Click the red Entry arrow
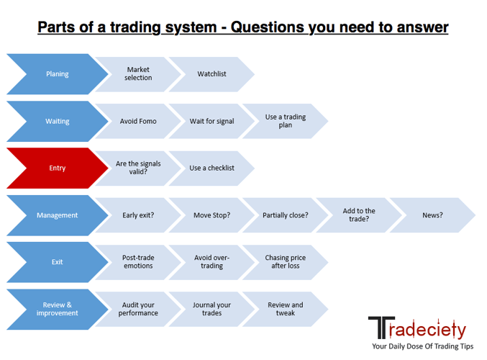(58, 168)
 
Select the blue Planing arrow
(58, 74)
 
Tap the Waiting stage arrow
(58, 121)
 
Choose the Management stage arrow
(58, 215)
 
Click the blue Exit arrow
(58, 262)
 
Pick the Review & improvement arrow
(58, 309)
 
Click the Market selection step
(138, 74)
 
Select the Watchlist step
(211, 74)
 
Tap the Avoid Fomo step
(138, 121)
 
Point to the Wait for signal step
(211, 121)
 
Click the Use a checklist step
(211, 168)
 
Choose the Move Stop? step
(211, 215)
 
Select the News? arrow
(432, 215)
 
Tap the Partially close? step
(286, 215)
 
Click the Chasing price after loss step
(286, 262)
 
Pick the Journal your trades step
(211, 309)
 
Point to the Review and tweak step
(286, 309)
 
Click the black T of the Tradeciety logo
(381, 328)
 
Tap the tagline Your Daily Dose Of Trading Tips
(423, 346)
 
